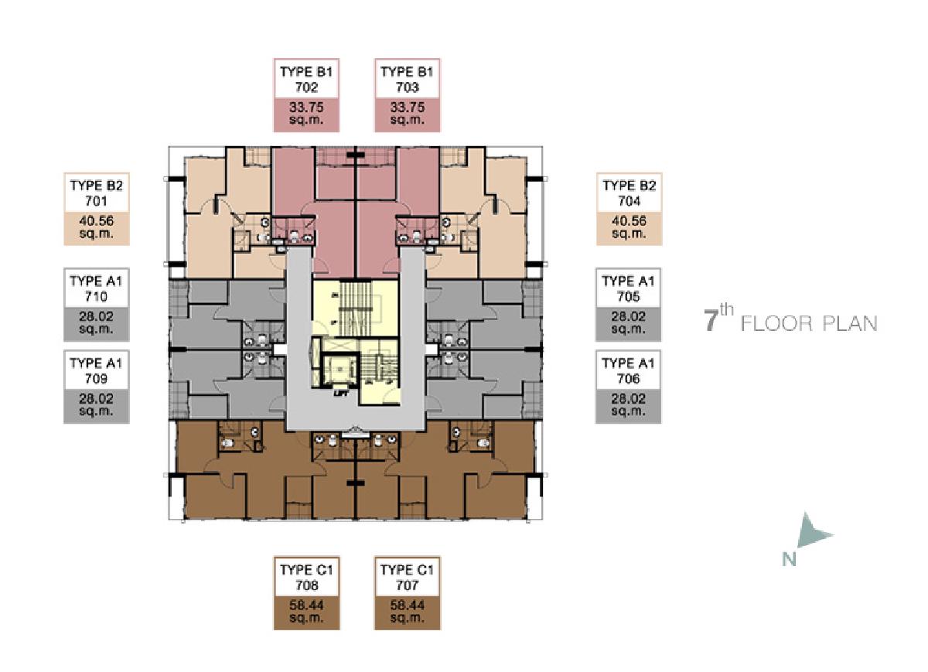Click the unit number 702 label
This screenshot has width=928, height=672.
(306, 87)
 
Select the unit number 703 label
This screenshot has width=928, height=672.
(408, 87)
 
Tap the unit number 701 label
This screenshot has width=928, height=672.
(96, 201)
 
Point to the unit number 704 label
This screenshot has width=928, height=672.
(629, 201)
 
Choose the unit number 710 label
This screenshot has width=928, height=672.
(96, 297)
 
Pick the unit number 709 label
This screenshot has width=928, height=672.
(96, 379)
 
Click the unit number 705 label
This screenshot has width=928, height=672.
(629, 297)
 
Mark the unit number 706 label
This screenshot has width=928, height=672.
(629, 379)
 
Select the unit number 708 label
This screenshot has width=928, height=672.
(306, 585)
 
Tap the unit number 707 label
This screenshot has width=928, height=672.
(408, 585)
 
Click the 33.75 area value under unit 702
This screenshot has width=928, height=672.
(306, 107)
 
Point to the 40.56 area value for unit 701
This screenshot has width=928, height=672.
(96, 221)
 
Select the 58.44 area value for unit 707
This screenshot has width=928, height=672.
(408, 605)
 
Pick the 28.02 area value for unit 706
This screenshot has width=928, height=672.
(629, 398)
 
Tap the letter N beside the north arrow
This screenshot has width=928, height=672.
(790, 560)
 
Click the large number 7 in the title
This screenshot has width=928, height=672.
(711, 322)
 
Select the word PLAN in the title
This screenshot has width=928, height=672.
(850, 323)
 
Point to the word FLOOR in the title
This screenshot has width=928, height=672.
(776, 323)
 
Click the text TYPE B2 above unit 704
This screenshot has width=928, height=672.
(629, 186)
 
